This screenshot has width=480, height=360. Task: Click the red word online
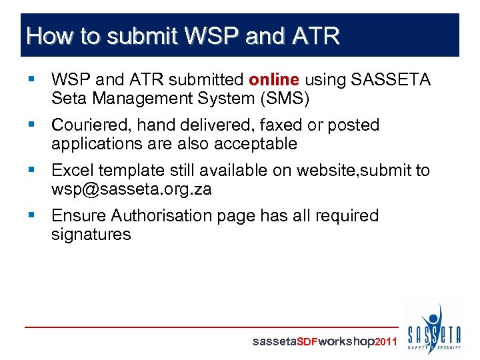274,80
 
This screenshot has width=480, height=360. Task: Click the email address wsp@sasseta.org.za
131,189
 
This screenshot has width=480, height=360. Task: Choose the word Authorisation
164,216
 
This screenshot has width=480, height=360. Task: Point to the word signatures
91,235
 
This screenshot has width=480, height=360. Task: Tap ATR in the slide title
315,35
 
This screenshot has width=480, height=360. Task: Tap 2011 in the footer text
387,341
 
